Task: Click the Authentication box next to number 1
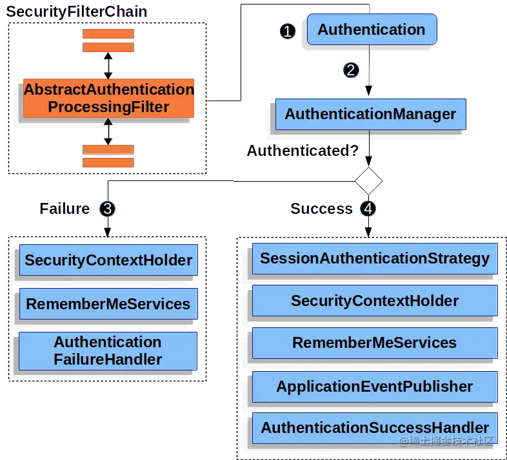[372, 30]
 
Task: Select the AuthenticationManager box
[370, 115]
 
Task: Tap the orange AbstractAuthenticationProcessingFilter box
[108, 99]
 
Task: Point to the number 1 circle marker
[288, 30]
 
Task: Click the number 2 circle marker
[350, 70]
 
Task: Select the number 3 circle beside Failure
[108, 209]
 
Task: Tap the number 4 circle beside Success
[368, 209]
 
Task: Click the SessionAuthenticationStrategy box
[374, 259]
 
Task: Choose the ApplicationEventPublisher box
[374, 387]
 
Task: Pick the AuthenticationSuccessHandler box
[374, 428]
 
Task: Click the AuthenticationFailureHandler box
[108, 350]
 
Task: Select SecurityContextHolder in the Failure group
[108, 260]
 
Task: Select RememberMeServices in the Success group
[374, 343]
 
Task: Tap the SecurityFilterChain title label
[77, 12]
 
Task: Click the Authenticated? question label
[302, 151]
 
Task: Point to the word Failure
[65, 209]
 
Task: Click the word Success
[321, 209]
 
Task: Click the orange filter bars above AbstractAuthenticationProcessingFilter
[108, 41]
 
